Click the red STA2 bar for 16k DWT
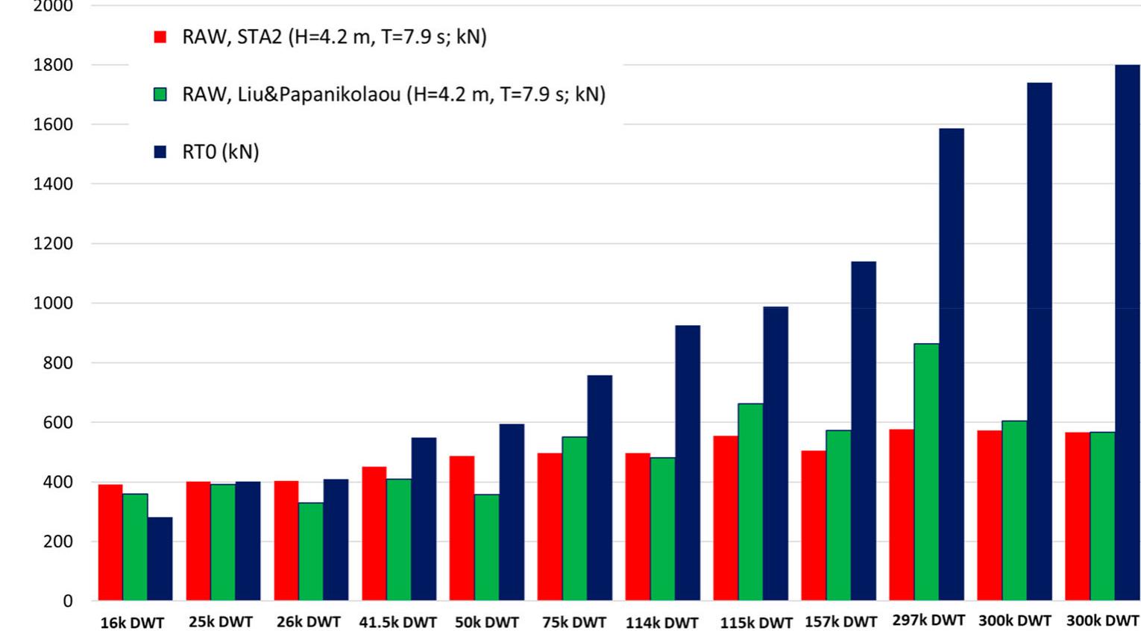coord(110,542)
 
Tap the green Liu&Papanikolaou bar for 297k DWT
coord(926,471)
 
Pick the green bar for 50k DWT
coord(486,547)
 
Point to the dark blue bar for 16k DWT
coord(160,559)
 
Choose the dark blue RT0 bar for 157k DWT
coord(863,430)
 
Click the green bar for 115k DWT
coord(750,501)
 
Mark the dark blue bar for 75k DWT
coord(600,488)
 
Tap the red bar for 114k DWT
coord(638,527)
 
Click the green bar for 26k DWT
coord(311,551)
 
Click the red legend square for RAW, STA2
coord(160,37)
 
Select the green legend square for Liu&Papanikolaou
coord(160,95)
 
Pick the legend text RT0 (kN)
coord(221,152)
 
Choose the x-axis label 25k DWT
coord(220,621)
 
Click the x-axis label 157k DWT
coord(840,621)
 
